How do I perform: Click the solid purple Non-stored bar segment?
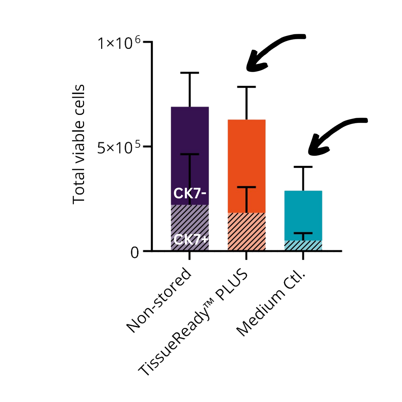click(190, 134)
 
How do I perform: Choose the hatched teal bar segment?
click(303, 246)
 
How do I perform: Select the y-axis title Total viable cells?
click(79, 144)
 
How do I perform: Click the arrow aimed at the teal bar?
click(335, 134)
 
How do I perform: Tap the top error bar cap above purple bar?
click(190, 73)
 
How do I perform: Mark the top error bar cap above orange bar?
click(247, 87)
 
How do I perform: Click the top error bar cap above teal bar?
click(303, 167)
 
